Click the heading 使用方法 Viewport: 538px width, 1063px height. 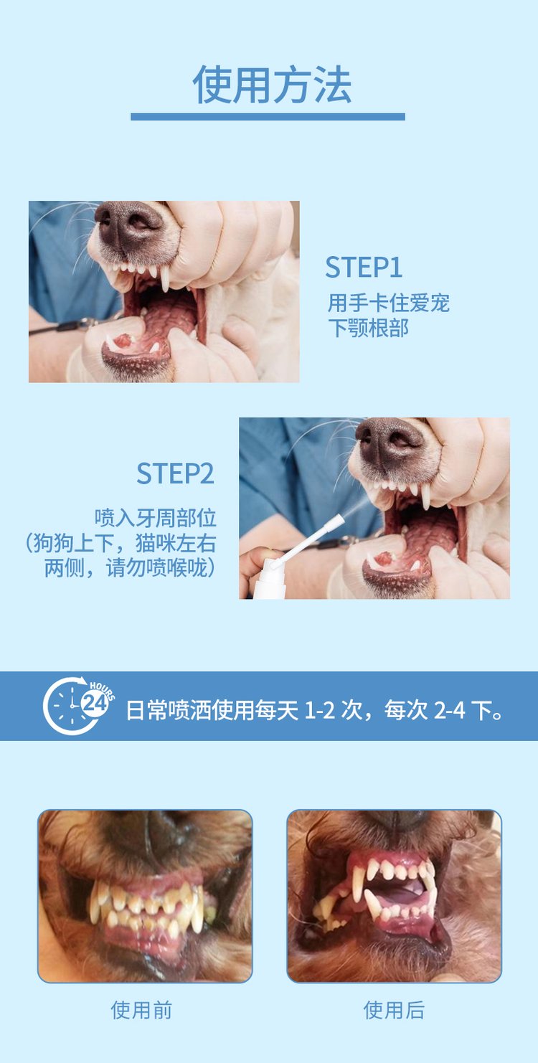272,85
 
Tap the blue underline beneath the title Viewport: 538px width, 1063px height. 268,117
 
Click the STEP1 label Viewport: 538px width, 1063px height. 364,267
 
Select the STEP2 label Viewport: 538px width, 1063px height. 175,473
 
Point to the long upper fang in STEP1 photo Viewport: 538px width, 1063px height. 164,278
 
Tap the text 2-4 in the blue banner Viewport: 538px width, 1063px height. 449,710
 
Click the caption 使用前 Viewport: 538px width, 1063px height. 141,1010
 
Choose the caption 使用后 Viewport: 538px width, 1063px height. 394,1010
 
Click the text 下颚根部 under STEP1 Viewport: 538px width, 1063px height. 368,328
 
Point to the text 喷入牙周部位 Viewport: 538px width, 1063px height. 156,518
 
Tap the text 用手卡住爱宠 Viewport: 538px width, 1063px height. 389,303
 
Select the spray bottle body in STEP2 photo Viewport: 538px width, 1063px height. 270,587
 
